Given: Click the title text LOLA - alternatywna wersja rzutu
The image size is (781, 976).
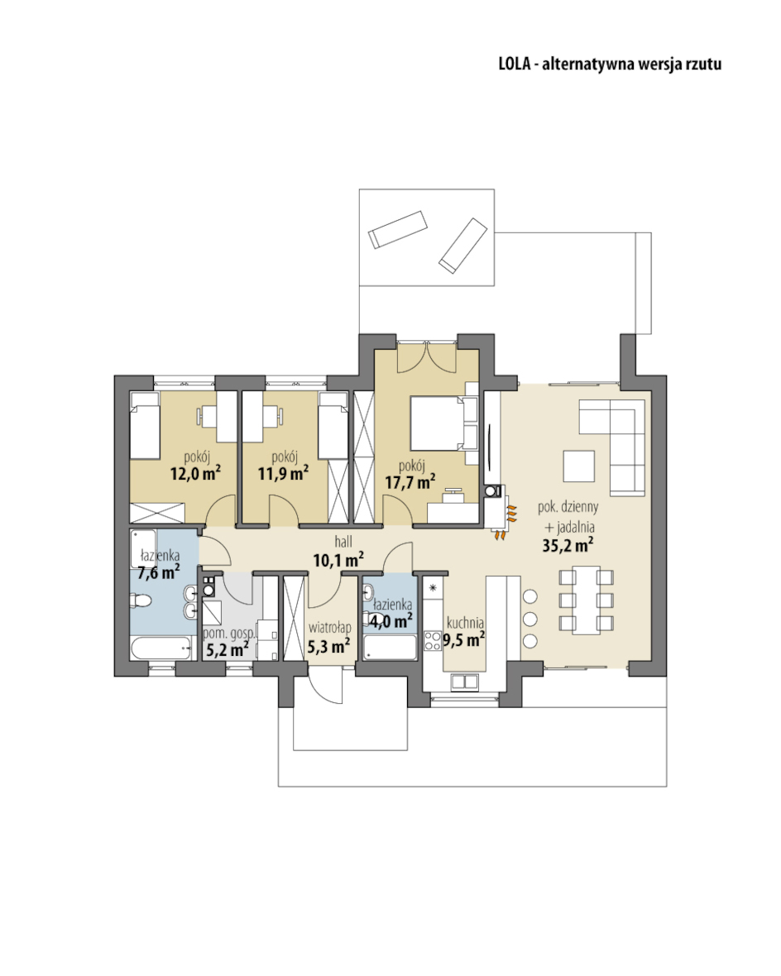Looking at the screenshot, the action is pos(610,65).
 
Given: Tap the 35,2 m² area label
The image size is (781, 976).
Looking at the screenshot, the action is pos(568,546).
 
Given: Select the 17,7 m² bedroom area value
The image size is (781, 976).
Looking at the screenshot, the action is pos(410,481).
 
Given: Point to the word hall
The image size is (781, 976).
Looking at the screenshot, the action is pos(343,542).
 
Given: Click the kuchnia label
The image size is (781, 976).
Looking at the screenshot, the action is pos(465,622).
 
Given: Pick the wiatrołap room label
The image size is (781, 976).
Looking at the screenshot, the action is pos(329,629).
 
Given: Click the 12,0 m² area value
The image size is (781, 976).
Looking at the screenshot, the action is pos(195,473).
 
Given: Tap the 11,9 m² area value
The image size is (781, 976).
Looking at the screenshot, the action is pos(283,473).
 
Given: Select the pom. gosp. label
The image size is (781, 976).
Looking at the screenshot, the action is pos(228,634).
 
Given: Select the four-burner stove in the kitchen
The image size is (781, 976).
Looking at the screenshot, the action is pos(432,640).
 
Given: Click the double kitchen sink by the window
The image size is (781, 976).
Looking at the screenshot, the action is pos(465,682).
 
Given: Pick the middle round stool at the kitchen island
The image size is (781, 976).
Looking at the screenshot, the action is pos(530,620).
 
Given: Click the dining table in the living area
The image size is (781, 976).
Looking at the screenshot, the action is pos(586,600).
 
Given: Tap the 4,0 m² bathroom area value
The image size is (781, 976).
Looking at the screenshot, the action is pos(390,620).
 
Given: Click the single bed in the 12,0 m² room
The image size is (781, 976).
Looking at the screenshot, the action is pos(145,426).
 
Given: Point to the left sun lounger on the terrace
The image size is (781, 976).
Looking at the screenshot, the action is pos(397,230).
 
